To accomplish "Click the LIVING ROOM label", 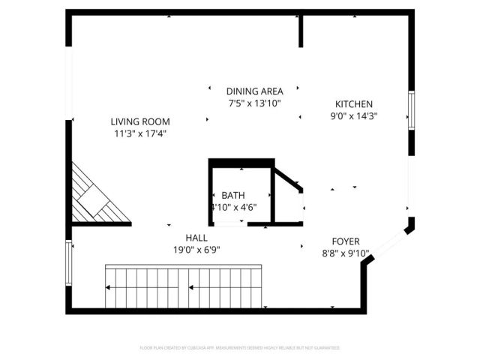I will [140, 121].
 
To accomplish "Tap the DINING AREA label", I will [254, 91].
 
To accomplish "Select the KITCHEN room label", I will [354, 104].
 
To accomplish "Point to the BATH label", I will [232, 195].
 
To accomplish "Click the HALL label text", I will [197, 238].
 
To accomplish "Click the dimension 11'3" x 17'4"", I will [140, 134].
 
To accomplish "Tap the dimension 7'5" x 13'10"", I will [254, 103].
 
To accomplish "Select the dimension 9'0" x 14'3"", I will [354, 116].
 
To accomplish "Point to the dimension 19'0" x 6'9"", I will [197, 250].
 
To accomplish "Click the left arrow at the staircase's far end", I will [110, 286].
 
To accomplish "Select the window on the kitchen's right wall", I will [411, 112].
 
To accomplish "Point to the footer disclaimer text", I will [240, 348].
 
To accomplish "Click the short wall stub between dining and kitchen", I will [301, 30].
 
